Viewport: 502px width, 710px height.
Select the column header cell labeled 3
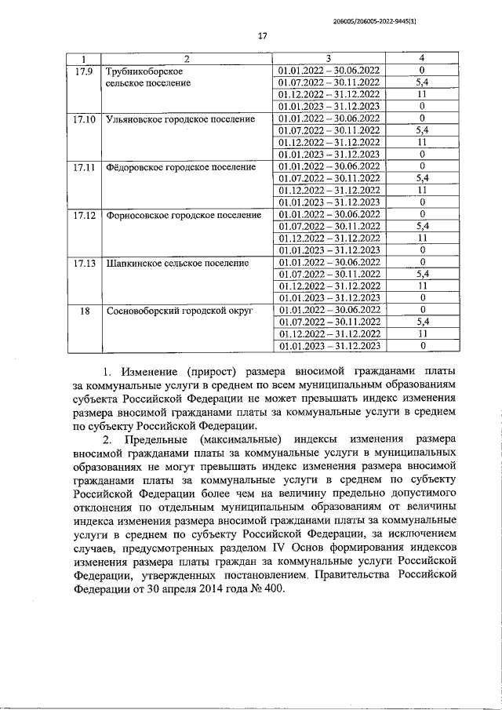point(329,59)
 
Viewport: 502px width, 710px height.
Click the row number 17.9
point(83,71)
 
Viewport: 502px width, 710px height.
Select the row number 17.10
point(83,118)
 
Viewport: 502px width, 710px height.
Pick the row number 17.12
point(83,214)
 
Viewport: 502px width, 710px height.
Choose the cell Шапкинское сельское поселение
point(176,262)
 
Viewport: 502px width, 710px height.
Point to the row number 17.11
point(83,166)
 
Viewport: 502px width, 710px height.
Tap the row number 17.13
point(83,262)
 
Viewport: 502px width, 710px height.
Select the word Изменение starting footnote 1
point(152,370)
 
